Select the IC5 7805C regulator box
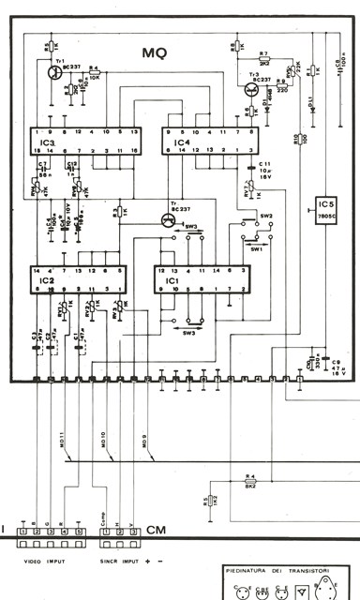coord(327,206)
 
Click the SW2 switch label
coord(265,216)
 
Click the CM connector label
coord(157,529)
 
